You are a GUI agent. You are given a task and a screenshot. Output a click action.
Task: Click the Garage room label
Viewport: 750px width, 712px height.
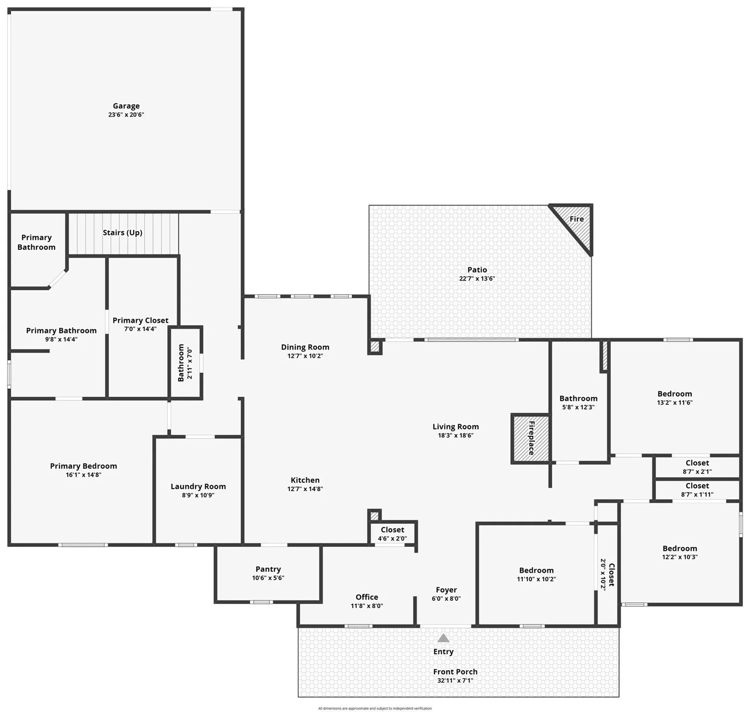pos(126,106)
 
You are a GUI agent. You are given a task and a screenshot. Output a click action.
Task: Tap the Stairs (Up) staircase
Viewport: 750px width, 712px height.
pos(123,233)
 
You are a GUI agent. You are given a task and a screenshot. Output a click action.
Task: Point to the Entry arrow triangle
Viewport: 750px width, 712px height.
pos(444,638)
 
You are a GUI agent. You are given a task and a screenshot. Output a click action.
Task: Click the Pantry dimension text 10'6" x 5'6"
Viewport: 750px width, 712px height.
pos(268,578)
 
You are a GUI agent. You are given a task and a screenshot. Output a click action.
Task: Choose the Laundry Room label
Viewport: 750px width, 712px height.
pos(198,487)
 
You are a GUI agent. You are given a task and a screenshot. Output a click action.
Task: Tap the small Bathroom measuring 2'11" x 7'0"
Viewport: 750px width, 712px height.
pos(185,363)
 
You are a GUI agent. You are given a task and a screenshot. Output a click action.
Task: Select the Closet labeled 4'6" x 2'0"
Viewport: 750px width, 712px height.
pos(392,534)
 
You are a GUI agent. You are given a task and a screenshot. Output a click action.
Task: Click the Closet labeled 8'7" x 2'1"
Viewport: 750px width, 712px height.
pos(697,467)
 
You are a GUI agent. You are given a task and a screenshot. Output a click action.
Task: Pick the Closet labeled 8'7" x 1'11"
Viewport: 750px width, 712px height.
pos(697,490)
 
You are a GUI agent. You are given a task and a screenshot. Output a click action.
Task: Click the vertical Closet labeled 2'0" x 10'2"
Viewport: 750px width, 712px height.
pos(607,575)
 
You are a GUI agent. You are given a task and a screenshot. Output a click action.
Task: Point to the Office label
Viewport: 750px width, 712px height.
pos(367,597)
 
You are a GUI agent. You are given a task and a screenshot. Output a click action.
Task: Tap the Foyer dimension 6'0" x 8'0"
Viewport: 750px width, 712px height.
pos(446,598)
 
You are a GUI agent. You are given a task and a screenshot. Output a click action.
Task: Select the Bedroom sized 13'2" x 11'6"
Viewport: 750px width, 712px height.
pos(674,398)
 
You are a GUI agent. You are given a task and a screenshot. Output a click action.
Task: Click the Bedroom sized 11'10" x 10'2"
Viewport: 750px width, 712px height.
pos(536,574)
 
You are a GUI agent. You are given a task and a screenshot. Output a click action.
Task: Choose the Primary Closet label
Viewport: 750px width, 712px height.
pos(140,320)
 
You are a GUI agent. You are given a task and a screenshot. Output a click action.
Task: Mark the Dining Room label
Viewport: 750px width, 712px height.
pos(305,347)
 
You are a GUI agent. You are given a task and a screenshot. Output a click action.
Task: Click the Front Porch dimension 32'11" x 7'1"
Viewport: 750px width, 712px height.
pos(455,680)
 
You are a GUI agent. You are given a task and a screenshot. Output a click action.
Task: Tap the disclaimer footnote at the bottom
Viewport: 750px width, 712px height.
pos(375,708)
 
